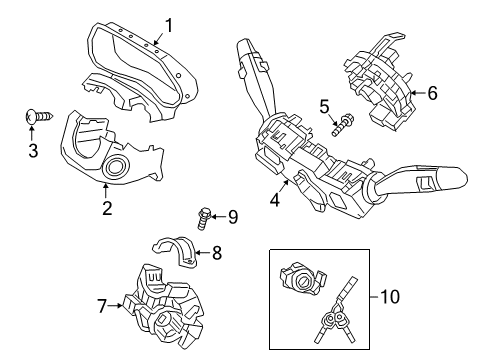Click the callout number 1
pos(168,24)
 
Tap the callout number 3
pos(32,151)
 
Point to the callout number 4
pos(273,200)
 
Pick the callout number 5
pos(323,106)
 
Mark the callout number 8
pos(216,254)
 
